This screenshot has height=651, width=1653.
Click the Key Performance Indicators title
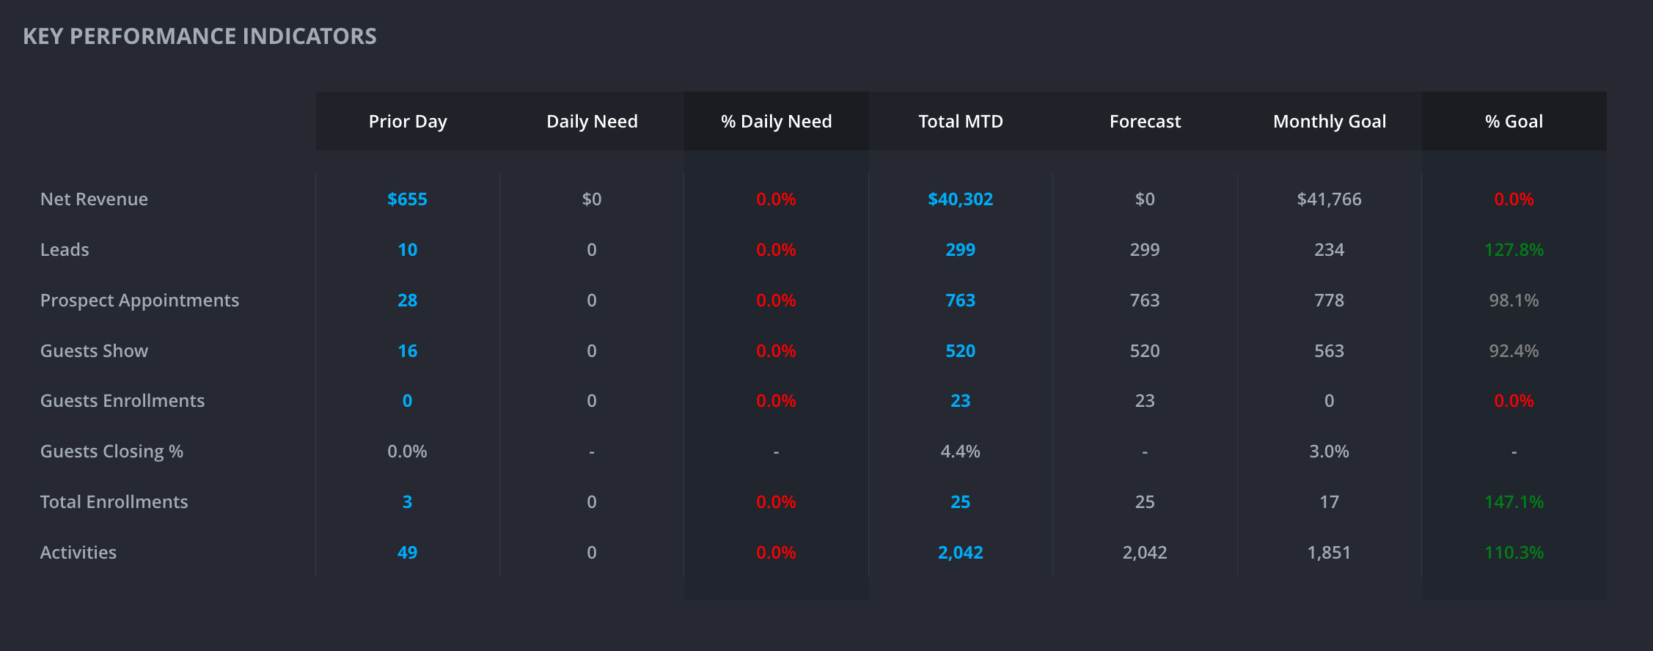point(199,36)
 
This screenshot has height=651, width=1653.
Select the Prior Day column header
point(408,121)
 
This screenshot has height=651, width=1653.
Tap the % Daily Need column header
point(776,121)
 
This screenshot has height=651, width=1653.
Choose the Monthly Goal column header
point(1330,121)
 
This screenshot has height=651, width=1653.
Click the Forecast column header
point(1145,121)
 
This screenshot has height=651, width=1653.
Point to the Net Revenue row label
point(94,199)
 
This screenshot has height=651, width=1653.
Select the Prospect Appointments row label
point(139,300)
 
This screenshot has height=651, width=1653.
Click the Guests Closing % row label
point(111,451)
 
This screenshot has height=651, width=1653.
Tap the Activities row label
point(78,552)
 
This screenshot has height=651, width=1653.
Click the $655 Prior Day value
point(407,199)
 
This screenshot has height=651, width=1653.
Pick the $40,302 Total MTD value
point(960,199)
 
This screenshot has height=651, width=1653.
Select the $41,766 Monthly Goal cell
point(1329,199)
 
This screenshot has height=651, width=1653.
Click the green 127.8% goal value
point(1514,249)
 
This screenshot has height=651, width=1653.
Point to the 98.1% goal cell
point(1514,300)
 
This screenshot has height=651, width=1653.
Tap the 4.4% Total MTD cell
point(960,451)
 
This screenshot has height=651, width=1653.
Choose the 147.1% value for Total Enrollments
point(1514,501)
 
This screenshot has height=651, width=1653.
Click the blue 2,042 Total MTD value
point(960,552)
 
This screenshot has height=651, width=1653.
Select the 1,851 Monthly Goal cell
point(1329,552)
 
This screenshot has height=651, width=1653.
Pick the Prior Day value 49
point(407,552)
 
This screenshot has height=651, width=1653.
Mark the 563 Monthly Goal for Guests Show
point(1329,350)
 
